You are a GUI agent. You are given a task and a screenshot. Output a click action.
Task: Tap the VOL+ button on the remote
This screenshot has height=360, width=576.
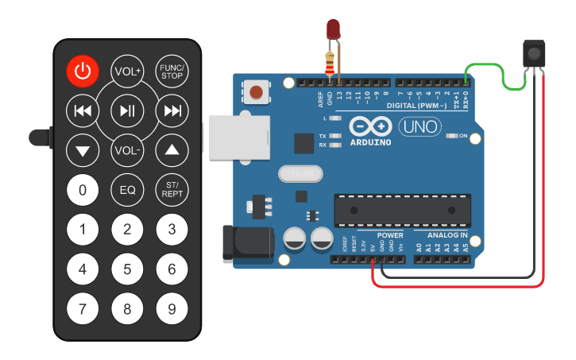click(x=127, y=72)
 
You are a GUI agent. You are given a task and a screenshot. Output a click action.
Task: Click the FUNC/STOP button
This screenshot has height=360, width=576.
click(x=172, y=72)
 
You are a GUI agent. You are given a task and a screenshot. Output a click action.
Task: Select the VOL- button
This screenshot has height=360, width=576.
click(x=127, y=149)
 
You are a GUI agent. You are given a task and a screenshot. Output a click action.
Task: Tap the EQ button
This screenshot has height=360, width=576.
click(x=127, y=189)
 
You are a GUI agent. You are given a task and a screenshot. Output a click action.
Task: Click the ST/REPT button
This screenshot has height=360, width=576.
click(x=172, y=189)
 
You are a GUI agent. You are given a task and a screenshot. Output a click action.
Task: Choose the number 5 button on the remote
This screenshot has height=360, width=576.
click(x=127, y=269)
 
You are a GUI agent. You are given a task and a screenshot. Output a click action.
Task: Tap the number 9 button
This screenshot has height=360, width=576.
click(x=172, y=308)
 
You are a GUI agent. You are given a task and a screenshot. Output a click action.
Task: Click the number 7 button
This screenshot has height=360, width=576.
click(x=83, y=308)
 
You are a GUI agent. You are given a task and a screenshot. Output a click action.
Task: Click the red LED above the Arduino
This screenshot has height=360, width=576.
click(x=334, y=30)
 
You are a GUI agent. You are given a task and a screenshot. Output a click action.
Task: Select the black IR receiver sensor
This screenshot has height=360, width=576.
click(x=534, y=54)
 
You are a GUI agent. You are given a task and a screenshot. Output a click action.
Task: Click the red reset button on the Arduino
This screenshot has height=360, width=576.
click(x=256, y=93)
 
